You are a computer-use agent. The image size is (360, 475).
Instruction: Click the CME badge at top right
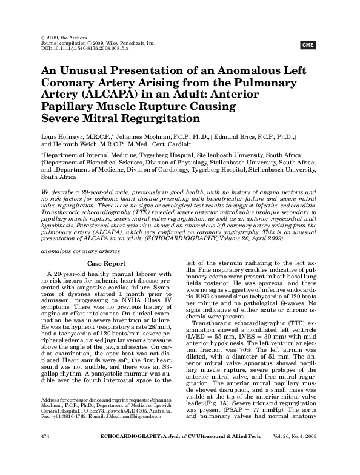(308, 44)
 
